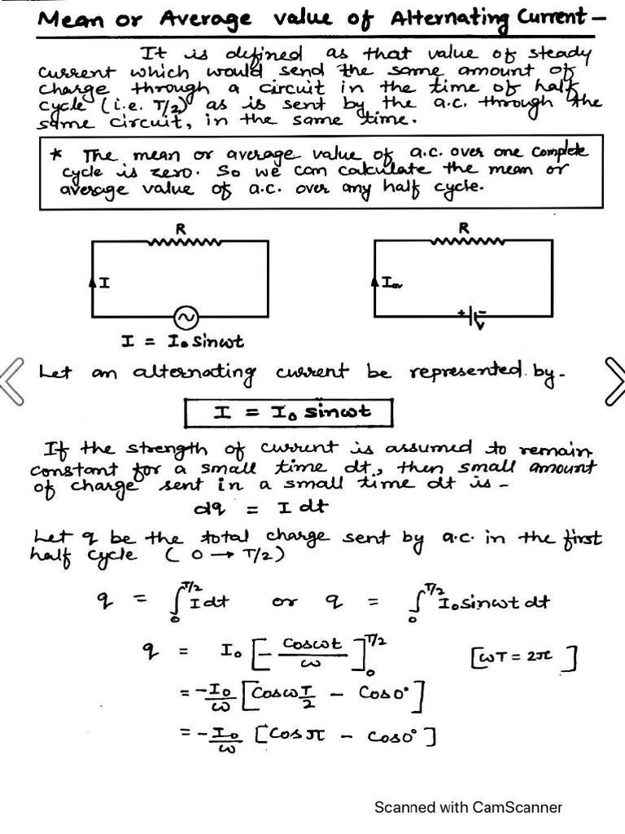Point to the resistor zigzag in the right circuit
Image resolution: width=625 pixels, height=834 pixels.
coord(465,241)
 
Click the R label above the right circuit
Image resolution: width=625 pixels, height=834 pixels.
coord(464,228)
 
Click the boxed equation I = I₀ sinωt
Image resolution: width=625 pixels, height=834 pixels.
coord(288,412)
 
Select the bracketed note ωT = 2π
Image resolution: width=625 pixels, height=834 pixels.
coord(524,656)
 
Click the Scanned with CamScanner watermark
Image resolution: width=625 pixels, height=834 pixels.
coord(468,807)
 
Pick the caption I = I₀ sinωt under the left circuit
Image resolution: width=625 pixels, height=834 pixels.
coord(182,342)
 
